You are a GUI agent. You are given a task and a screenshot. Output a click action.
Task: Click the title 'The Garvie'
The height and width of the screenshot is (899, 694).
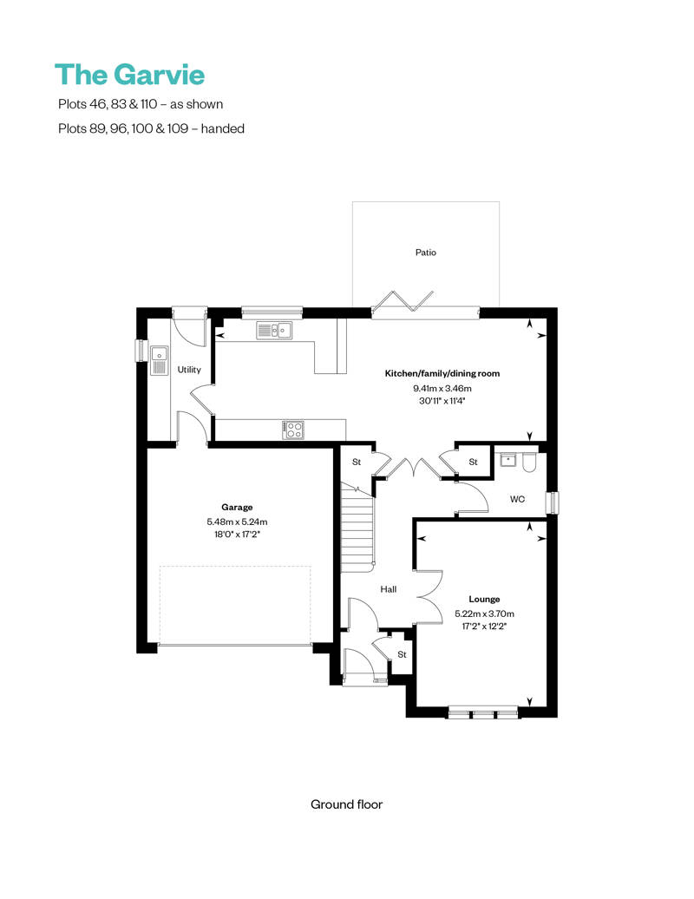[x=129, y=75]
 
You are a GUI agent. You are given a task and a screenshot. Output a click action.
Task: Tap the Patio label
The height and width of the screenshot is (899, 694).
[x=425, y=253]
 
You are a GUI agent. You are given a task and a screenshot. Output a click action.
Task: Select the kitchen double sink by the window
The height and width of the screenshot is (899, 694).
[x=274, y=330]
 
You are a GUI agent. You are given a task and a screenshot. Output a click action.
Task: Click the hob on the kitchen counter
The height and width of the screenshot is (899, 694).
[x=293, y=428]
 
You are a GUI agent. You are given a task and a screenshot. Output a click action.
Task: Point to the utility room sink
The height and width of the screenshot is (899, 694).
[x=159, y=360]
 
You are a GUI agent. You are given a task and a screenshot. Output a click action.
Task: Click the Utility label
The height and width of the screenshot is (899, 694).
[x=189, y=370]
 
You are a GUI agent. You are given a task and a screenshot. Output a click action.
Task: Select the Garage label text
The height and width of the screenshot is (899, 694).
[x=236, y=507]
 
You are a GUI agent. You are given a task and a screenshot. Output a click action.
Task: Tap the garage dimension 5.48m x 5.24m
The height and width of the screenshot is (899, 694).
[x=237, y=522]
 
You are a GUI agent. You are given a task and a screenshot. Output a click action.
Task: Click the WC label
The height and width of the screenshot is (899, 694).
[x=518, y=500]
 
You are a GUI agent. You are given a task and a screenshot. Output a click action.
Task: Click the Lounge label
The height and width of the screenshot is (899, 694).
[x=484, y=599]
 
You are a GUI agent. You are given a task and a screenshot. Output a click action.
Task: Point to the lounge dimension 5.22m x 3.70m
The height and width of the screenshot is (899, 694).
[x=484, y=613]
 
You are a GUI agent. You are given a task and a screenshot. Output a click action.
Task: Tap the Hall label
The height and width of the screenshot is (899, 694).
[x=388, y=589]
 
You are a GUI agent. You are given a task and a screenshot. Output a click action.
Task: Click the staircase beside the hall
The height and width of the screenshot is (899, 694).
[x=357, y=529]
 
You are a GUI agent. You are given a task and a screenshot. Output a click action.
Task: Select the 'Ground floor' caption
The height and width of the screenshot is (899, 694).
[x=346, y=804]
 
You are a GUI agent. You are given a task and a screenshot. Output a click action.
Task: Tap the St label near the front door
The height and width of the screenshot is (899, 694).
[x=402, y=653]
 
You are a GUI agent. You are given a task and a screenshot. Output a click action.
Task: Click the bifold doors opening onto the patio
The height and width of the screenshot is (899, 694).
[x=402, y=302]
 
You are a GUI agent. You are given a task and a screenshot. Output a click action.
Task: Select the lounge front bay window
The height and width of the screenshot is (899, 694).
[x=482, y=713]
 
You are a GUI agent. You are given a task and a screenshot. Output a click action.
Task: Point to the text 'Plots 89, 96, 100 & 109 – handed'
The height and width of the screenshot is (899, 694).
[x=149, y=128]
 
